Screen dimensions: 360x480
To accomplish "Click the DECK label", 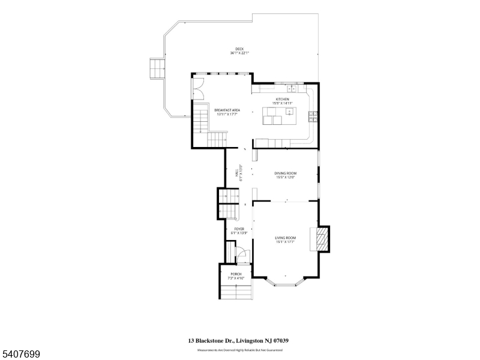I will (x=239, y=49).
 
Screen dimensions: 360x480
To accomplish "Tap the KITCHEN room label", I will (x=282, y=99).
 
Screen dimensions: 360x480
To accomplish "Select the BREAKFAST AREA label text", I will (x=227, y=110).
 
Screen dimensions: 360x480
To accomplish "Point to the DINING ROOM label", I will (x=286, y=173).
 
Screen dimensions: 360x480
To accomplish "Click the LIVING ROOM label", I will (x=286, y=238).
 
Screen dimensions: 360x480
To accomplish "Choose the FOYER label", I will (x=239, y=229).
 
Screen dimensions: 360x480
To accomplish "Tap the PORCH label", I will (x=235, y=275).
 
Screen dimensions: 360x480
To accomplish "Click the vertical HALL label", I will (x=236, y=173).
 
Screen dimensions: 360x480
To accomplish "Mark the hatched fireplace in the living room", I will (x=323, y=239).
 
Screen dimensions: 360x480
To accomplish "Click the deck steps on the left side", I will (x=157, y=68).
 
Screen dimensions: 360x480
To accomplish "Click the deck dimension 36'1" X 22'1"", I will (x=239, y=53).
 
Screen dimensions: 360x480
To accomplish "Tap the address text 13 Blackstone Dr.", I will (x=214, y=340).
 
